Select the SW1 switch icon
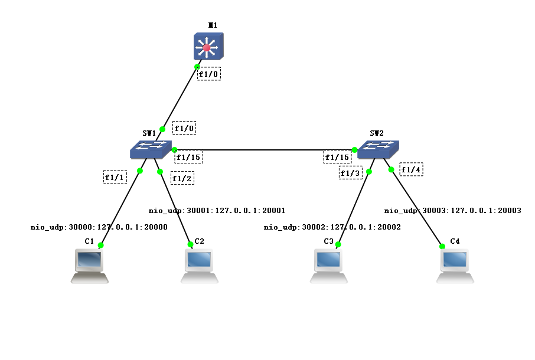point(151,149)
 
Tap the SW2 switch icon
point(378,149)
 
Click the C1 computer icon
point(90,265)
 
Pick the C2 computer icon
point(199,265)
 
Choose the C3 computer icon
point(329,265)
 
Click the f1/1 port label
point(115,176)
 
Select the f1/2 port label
point(182,178)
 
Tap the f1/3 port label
point(350,173)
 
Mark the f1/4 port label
point(411,169)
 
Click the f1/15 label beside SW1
point(189,156)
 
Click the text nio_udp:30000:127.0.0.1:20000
point(99,227)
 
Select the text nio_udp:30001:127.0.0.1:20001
point(217,210)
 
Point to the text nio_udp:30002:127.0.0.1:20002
point(332,227)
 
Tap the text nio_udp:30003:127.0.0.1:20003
point(453,210)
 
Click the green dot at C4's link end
point(442,246)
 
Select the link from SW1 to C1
point(121,207)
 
